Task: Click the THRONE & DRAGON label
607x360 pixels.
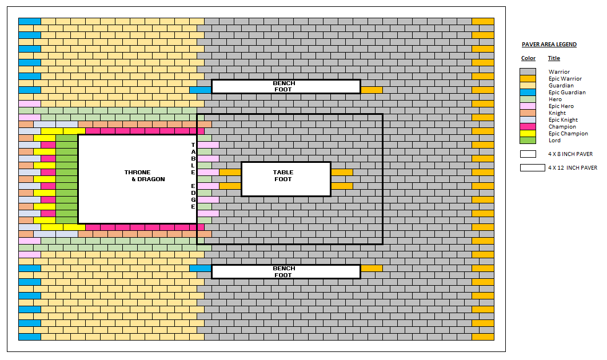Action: click(144, 175)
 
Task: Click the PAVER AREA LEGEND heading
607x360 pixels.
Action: click(549, 45)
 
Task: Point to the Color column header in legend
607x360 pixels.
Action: click(528, 58)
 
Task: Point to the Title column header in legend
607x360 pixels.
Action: click(554, 58)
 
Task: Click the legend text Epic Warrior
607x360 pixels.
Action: click(565, 79)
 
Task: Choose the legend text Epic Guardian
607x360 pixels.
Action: click(566, 93)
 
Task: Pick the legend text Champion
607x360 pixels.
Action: click(562, 127)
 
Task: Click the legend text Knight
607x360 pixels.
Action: click(557, 113)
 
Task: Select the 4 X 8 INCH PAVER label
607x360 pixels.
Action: click(570, 154)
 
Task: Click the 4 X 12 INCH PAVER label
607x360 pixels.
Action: click(572, 168)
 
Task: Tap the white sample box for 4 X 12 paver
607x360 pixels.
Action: click(532, 168)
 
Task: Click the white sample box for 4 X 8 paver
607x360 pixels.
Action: click(528, 154)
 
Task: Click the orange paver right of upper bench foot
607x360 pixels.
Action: click(372, 90)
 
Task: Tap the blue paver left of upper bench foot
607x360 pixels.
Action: click(200, 90)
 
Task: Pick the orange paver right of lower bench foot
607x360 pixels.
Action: click(372, 268)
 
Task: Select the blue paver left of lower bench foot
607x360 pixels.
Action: click(200, 268)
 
